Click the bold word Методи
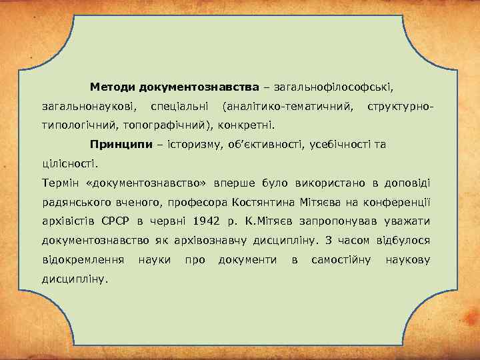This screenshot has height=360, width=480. (x=114, y=87)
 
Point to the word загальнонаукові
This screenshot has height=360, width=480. (x=87, y=106)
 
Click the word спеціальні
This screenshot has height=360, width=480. (x=179, y=106)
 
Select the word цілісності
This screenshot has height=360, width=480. (x=69, y=163)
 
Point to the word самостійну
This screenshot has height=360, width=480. (x=341, y=259)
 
